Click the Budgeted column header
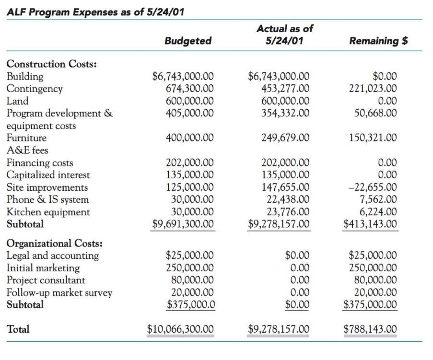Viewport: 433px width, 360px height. (x=187, y=41)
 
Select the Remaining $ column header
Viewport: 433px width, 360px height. (x=378, y=41)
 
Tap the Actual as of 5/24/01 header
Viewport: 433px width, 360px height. (x=284, y=35)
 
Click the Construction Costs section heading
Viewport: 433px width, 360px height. (x=52, y=64)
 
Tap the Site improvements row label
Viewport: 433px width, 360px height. (x=47, y=187)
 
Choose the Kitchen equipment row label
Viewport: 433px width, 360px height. (x=48, y=212)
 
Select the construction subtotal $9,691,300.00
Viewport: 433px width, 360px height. (x=183, y=224)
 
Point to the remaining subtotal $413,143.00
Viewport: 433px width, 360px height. (x=370, y=224)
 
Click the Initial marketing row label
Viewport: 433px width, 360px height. (x=43, y=268)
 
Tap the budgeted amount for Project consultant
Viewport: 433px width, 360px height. (x=192, y=280)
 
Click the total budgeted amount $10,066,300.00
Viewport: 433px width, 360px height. (x=180, y=329)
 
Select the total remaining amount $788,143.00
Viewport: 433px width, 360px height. (x=370, y=329)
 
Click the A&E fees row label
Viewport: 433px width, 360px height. (x=27, y=151)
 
